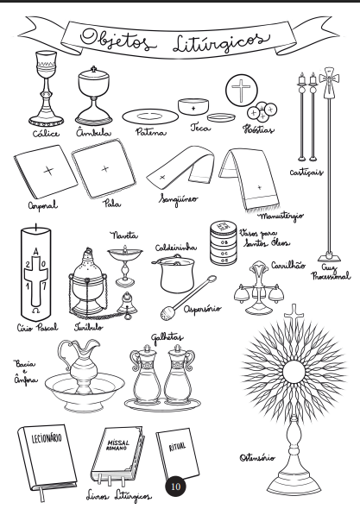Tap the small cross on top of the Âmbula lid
point(94,69)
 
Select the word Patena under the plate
point(151,132)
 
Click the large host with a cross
point(242,91)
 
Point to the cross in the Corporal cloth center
point(48,171)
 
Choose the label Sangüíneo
point(179,199)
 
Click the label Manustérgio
point(281,217)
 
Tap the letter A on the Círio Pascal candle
point(36,252)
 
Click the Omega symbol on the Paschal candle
point(35,311)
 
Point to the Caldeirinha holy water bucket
point(175,275)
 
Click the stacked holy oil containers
point(224,243)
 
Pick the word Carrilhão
point(288,265)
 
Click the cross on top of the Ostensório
point(294,317)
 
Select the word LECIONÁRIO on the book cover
point(47,438)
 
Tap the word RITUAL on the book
point(177,447)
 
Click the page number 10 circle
point(176,486)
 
